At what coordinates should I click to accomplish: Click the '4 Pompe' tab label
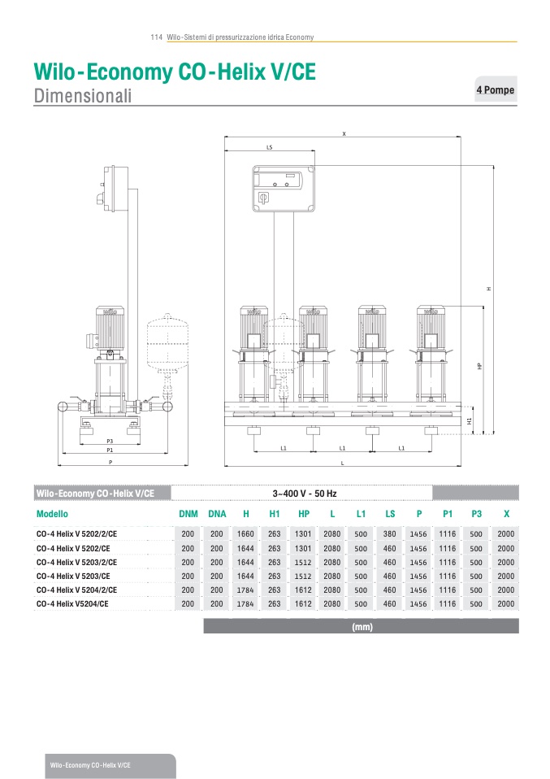coord(495,90)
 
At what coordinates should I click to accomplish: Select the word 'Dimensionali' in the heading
coord(83,95)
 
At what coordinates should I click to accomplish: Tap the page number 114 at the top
coord(156,37)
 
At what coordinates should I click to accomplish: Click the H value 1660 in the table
coord(245,534)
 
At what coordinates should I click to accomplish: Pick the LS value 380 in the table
coord(390,534)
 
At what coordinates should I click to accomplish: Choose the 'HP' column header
coord(304,514)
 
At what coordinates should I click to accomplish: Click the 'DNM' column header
coord(188,514)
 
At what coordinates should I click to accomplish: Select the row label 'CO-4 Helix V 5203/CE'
coord(73,577)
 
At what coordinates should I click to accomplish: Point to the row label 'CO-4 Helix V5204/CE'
coord(72,604)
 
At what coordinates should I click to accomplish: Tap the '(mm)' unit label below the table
coord(362,627)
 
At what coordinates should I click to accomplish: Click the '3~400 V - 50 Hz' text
coord(305,494)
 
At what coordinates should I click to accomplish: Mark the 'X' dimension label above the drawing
coord(344,133)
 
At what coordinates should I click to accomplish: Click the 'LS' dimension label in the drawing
coord(270,147)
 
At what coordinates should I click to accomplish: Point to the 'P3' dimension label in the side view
coord(110,442)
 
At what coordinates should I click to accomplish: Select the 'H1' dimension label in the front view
coord(470,420)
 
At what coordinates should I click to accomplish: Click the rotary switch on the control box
coord(262,198)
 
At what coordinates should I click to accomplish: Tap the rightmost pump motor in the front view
coord(431,328)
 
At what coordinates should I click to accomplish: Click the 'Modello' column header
coord(52,514)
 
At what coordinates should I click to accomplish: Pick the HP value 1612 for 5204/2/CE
coord(303,590)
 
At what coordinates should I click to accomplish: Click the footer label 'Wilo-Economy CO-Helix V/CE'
coord(90,765)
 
